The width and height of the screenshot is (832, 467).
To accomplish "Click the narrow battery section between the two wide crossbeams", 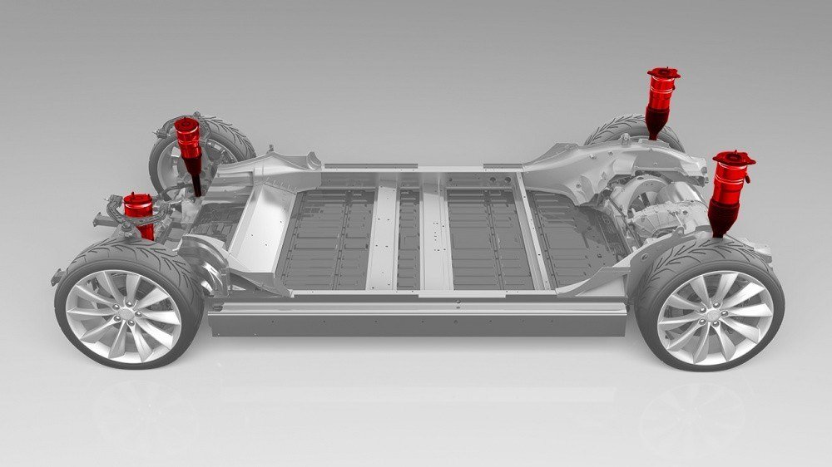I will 409,237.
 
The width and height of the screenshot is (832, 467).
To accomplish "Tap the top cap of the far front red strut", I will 186,124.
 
